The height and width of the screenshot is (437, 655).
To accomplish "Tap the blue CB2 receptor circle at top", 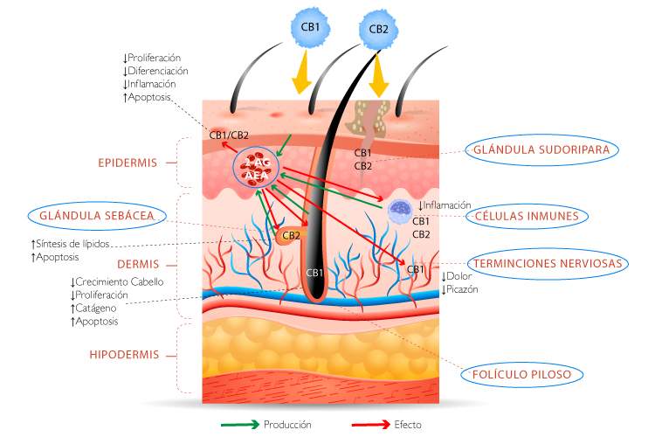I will tap(378, 28).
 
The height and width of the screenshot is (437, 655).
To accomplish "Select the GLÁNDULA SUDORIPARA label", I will tap(543, 149).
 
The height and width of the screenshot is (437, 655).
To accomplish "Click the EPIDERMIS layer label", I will tap(128, 163).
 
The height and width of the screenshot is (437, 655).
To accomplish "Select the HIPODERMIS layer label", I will tap(124, 356).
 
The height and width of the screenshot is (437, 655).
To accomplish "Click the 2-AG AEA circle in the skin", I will tap(256, 167).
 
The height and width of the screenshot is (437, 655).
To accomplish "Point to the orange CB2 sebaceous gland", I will tap(290, 234).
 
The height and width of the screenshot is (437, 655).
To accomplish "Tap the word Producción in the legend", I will tap(287, 424).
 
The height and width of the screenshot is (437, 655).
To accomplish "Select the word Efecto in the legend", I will tap(407, 424).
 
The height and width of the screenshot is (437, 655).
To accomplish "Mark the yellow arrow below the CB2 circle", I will tap(378, 77).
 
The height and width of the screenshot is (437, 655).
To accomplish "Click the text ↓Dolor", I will tap(456, 277).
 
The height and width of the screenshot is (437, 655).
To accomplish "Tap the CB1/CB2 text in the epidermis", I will tap(229, 135).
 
